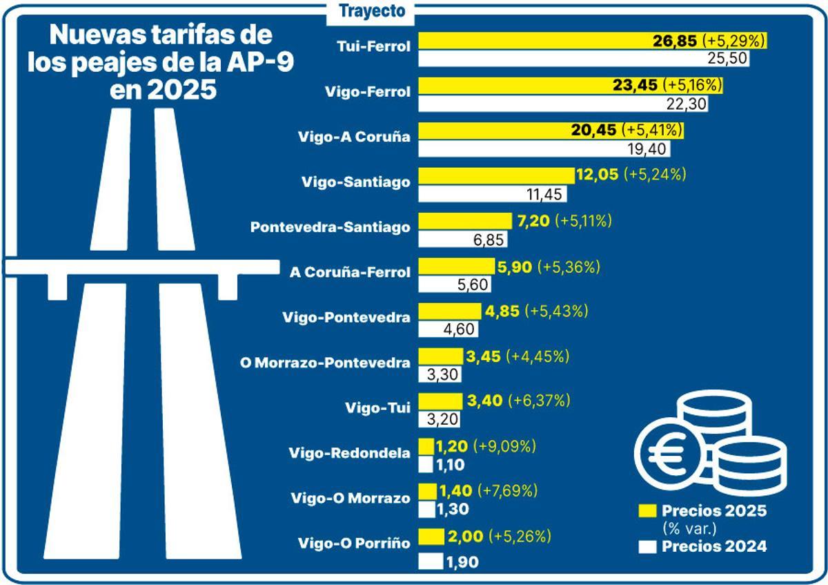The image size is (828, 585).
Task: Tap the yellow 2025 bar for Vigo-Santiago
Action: point(497,175)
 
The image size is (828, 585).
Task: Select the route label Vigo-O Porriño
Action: point(354,543)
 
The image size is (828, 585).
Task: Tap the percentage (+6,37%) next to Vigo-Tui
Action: point(540,401)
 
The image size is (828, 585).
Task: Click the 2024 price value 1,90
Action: point(462,562)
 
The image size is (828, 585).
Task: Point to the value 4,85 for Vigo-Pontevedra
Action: point(503,311)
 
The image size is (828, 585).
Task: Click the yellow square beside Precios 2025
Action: point(647,512)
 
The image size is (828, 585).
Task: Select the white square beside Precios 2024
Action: point(647,547)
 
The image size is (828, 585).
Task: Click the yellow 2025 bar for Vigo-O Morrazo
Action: point(428,491)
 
